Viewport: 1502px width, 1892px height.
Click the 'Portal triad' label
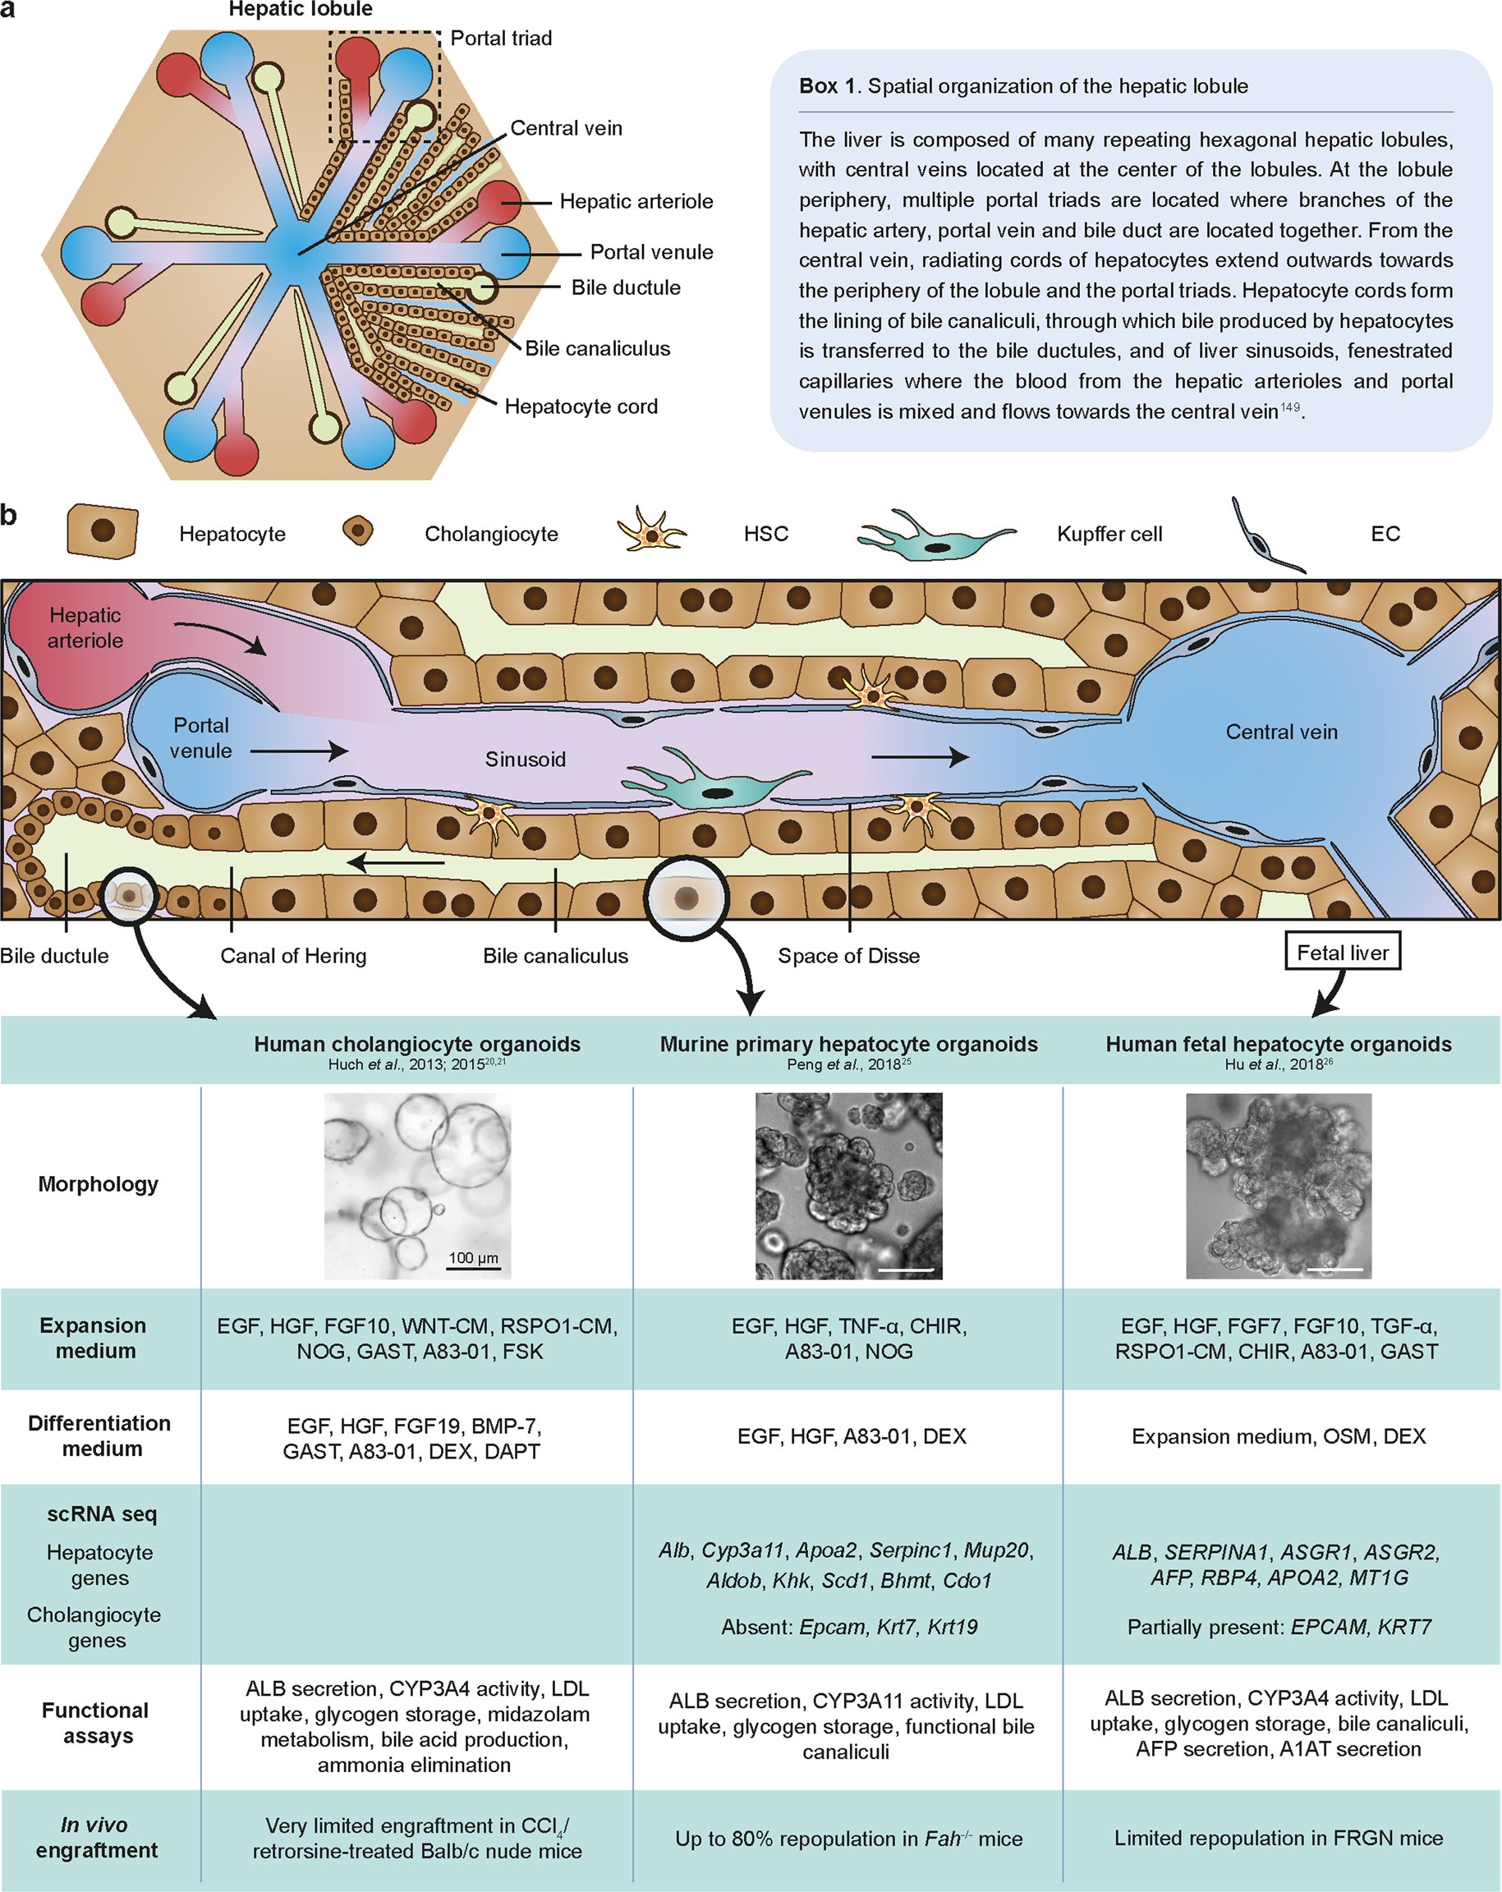501,39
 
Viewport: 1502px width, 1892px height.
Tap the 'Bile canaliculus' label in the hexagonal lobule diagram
598,348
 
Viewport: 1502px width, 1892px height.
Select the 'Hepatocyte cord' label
581,406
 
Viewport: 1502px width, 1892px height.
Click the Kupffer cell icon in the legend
935,535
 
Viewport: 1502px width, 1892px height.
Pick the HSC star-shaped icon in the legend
652,530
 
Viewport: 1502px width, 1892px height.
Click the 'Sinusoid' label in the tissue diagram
526,759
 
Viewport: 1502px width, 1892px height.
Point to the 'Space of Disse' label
848,956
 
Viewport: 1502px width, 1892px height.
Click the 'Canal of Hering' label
293,956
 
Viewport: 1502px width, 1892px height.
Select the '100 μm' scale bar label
473,1257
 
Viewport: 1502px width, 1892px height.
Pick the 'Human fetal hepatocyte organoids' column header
1279,1045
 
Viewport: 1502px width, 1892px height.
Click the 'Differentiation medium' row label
99,1435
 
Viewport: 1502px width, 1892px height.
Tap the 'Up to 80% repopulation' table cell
848,1839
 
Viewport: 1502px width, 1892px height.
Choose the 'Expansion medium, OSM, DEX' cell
1279,1436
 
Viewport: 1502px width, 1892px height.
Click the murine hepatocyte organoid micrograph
848,1186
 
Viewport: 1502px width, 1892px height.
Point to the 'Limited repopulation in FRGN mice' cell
1279,1838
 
